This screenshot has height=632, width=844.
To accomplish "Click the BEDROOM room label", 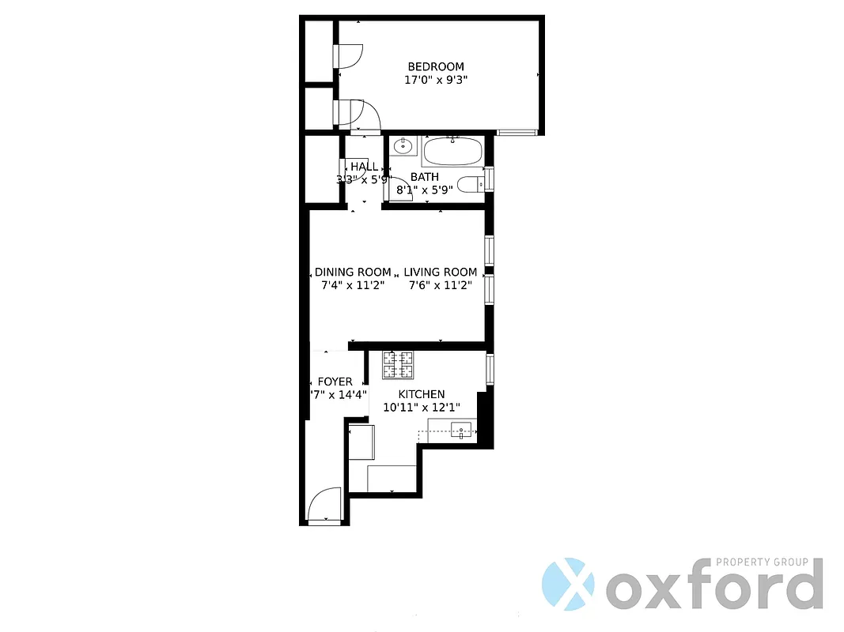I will tap(436, 67).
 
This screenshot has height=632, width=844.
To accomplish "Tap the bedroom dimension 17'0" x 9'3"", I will tap(436, 80).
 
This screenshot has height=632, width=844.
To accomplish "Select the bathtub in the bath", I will tap(452, 150).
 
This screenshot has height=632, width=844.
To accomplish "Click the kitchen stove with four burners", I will tap(398, 364).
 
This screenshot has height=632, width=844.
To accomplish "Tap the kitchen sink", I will tap(461, 431).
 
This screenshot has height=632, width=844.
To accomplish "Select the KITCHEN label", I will tap(421, 394).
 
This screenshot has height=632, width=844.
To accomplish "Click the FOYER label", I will tap(335, 382).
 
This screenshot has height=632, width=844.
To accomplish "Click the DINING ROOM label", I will tap(353, 273).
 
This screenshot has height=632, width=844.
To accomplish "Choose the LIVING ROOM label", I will tap(441, 273).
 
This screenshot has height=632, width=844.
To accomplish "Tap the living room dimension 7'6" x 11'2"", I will tap(441, 285).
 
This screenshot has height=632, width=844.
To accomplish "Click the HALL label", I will tap(364, 167).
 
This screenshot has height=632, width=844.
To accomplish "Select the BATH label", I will tap(425, 177).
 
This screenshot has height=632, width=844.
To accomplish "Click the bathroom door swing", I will tap(401, 190).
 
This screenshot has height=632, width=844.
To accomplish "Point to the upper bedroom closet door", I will tap(349, 55).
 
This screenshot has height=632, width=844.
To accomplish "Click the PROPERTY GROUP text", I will tap(762, 562).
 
